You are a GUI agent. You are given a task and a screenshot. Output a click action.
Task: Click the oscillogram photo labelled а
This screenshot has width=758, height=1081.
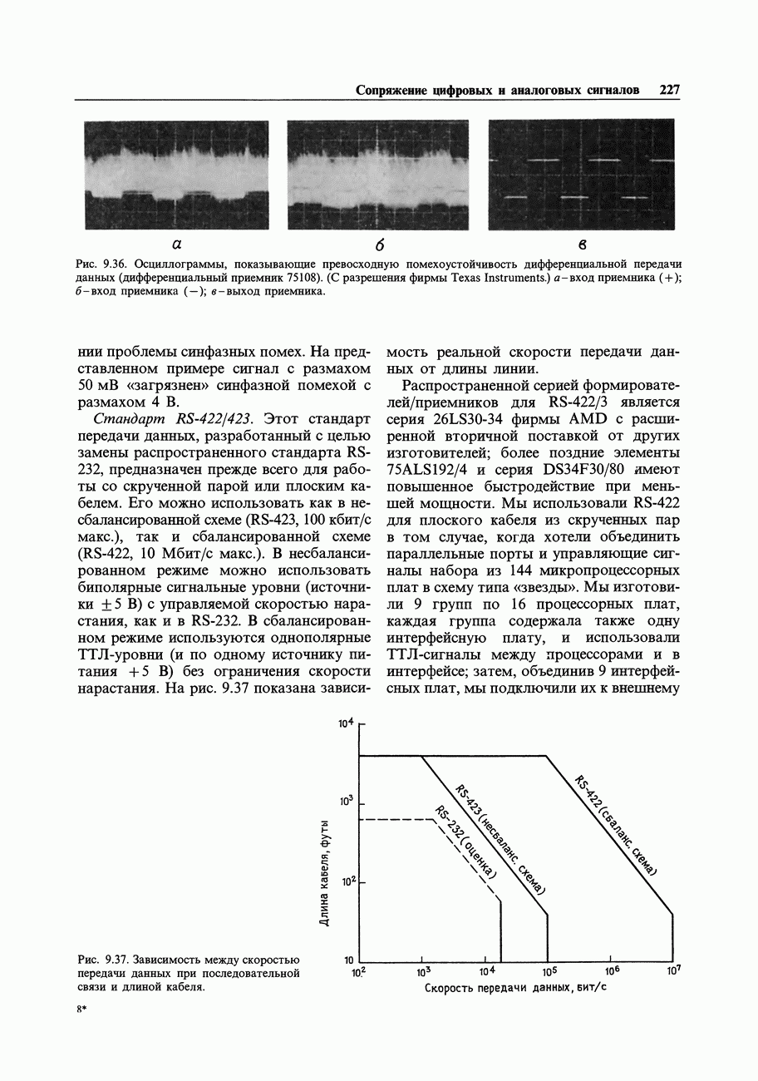click(x=176, y=175)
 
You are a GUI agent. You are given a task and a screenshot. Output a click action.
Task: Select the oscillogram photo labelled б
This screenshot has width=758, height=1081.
click(x=378, y=175)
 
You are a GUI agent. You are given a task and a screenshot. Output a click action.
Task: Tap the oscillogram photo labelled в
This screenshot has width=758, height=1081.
click(x=581, y=175)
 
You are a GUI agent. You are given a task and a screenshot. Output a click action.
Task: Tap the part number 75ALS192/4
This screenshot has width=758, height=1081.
click(x=433, y=470)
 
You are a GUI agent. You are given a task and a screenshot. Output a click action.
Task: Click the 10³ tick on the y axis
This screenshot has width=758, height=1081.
click(x=346, y=801)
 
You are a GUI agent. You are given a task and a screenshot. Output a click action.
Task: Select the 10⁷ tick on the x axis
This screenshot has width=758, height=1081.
click(x=673, y=970)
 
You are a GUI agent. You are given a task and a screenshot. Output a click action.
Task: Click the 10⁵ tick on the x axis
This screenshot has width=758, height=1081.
click(x=548, y=970)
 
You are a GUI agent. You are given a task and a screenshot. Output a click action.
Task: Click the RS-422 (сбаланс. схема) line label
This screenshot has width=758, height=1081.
click(x=616, y=824)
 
